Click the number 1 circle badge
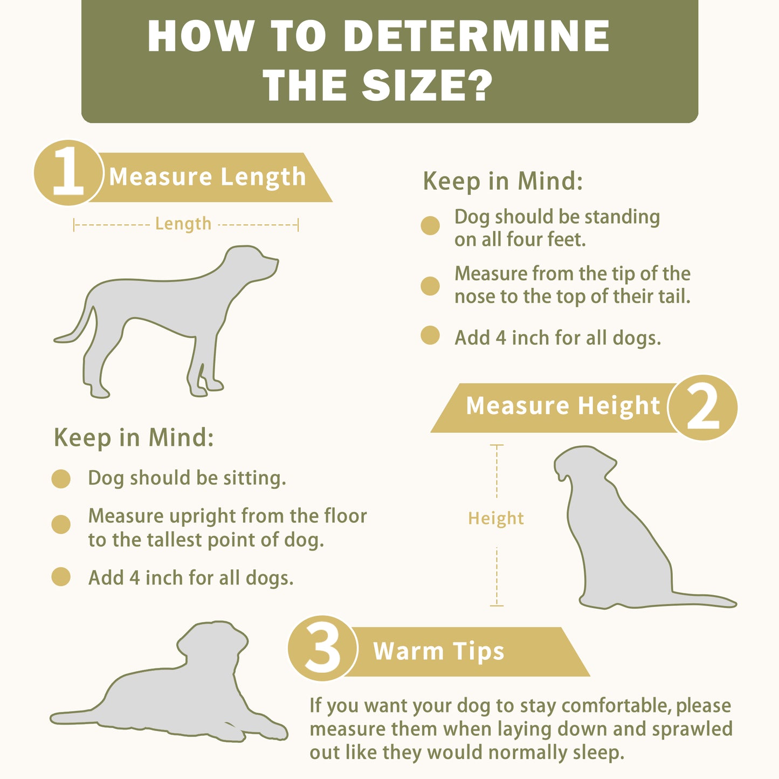pos(68,173)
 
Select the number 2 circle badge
pos(703,408)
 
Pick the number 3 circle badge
pos(322,648)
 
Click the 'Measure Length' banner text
pos(208,177)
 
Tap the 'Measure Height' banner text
pos(563,406)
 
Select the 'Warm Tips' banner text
pos(439,651)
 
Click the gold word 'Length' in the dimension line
pos(183,224)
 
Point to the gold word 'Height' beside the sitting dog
pos(496,518)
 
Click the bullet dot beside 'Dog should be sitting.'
pos(61,479)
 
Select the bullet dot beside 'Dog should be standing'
pos(430,225)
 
